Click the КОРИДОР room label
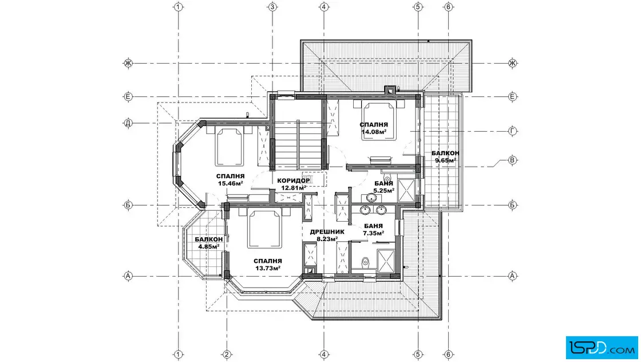294,181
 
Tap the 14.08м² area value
374,132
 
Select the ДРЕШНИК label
327,231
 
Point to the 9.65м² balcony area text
445,160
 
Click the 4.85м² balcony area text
209,246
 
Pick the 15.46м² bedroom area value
231,183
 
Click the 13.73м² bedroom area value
268,268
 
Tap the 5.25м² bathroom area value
384,191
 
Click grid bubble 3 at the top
272,7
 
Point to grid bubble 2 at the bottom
227,355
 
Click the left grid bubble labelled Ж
128,63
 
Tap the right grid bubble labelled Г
513,131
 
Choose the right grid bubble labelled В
512,160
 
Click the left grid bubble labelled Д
128,123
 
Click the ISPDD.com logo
602,348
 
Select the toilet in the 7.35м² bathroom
366,262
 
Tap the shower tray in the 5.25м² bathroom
406,191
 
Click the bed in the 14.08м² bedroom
379,121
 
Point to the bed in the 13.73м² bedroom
264,229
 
